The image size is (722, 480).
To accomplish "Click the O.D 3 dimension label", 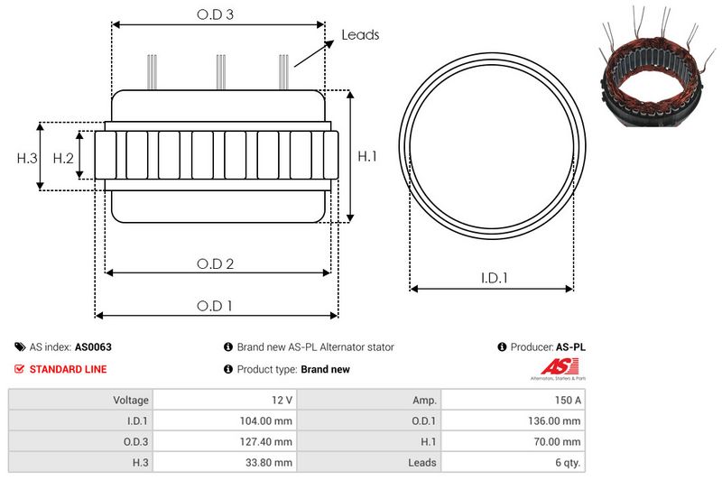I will (217, 15).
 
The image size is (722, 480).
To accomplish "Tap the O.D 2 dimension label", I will (216, 263).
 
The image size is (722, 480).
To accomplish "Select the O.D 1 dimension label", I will (216, 306).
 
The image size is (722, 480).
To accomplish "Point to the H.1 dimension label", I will (367, 157).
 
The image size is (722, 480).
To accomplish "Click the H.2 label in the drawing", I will (62, 158).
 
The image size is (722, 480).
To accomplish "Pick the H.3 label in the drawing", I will (27, 158).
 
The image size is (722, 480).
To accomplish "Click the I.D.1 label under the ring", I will (493, 279).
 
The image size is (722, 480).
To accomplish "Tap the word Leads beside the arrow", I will (360, 35).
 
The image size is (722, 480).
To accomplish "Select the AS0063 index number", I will (93, 346).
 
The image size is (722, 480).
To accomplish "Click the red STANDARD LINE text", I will (68, 369).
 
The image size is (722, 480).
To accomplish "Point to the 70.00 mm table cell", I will (556, 441).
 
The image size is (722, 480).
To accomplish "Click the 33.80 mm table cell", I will (268, 462).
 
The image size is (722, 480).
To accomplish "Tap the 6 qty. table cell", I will (565, 462).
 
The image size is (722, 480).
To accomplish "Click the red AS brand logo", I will (553, 367).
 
